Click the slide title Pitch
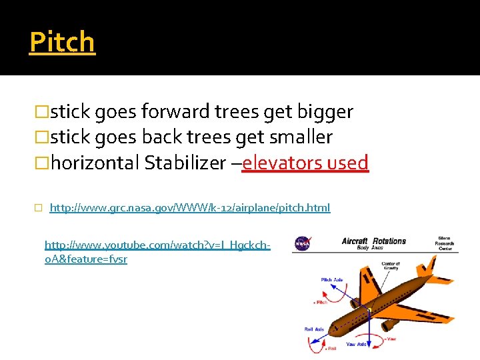62,42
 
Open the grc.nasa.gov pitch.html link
189,208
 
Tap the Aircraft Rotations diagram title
373,241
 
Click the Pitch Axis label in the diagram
333,279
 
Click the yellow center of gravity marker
369,309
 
